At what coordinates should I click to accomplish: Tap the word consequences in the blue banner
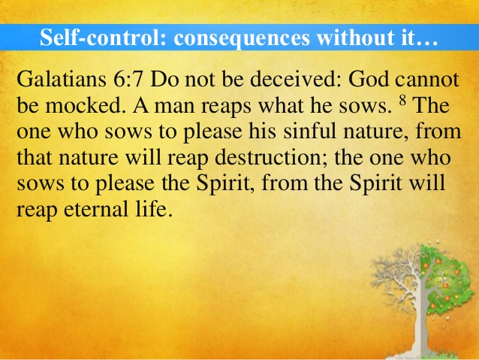(242, 38)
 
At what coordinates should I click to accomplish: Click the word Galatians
(62, 79)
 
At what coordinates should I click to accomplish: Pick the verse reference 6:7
(128, 80)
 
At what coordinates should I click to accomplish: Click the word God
(369, 79)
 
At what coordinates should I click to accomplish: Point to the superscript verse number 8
(402, 100)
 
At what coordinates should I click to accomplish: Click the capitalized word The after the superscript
(431, 105)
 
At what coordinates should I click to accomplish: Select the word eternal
(96, 209)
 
